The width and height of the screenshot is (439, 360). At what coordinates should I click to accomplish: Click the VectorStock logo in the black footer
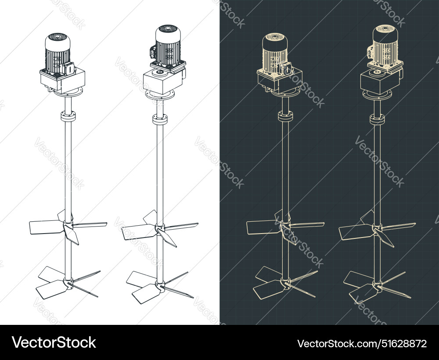click(54, 342)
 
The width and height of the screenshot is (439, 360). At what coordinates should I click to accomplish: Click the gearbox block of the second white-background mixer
click(159, 81)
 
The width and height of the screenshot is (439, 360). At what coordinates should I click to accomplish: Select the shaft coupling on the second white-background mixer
click(160, 119)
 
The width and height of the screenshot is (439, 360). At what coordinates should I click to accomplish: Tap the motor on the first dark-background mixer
click(275, 53)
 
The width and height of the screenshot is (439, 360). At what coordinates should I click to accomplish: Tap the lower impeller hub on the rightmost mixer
click(377, 286)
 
